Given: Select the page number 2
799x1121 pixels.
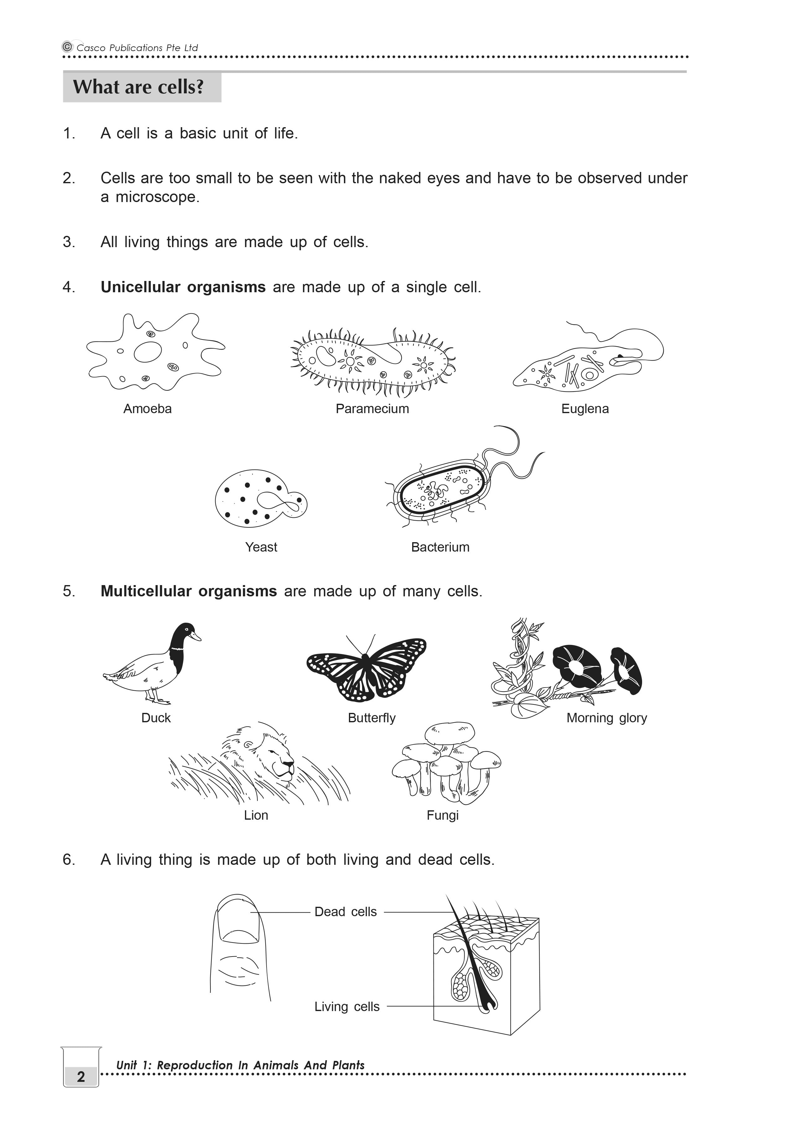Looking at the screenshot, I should [81, 1077].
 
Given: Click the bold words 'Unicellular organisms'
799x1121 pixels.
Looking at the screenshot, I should [183, 287].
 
